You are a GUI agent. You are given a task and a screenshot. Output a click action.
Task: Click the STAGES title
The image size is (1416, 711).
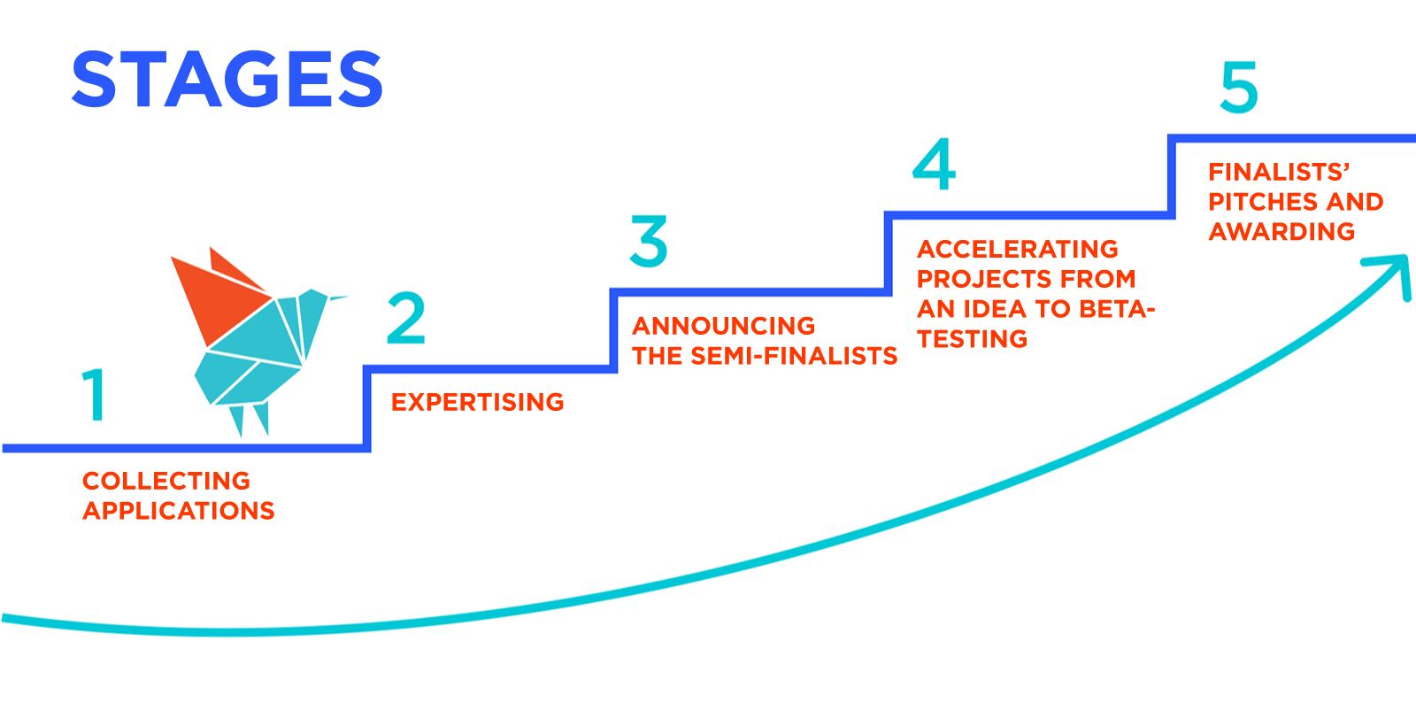227,80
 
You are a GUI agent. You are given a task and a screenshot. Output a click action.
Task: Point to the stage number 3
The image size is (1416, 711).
649,241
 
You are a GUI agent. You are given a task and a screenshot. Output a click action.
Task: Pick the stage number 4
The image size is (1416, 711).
935,164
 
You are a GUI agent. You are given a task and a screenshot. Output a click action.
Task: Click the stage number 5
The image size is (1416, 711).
1238,87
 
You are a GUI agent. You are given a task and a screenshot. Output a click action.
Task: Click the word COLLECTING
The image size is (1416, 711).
166,481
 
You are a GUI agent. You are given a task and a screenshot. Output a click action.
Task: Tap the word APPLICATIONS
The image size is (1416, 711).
179,511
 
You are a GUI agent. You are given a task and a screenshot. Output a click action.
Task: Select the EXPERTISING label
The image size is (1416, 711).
478,402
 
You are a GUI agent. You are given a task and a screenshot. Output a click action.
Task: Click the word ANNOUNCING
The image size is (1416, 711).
724,326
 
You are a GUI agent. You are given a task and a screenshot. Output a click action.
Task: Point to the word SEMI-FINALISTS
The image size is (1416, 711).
794,356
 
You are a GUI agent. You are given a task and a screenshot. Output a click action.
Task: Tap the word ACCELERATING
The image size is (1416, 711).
1018,249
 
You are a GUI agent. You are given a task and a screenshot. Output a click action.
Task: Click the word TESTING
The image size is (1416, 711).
972,339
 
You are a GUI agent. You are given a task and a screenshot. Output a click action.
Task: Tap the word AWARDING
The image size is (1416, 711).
1281,232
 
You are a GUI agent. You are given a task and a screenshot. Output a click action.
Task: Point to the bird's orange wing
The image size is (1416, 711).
217,292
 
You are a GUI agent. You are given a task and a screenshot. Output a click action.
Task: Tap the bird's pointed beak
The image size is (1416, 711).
338,298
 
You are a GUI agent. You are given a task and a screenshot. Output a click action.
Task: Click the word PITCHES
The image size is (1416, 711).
1251,202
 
